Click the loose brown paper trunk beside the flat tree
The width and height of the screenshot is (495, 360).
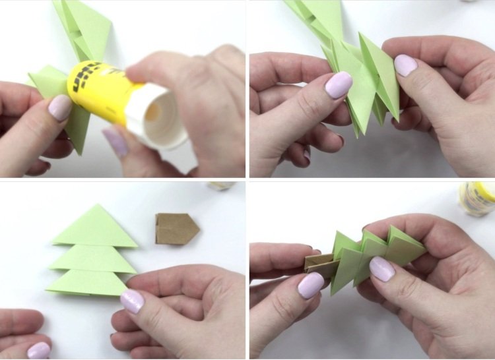[x=177, y=229]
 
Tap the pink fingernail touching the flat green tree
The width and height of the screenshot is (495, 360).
[x=132, y=301]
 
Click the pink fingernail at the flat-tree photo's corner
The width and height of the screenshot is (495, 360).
[x=38, y=350]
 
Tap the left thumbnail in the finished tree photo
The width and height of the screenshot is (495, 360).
[x=311, y=285]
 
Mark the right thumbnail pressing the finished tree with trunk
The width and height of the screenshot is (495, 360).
[x=381, y=268]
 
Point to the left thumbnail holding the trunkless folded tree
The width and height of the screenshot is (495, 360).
[x=339, y=84]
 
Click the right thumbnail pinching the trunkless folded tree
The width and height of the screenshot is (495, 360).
[x=405, y=65]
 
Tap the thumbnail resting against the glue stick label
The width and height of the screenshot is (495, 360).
[x=61, y=107]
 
